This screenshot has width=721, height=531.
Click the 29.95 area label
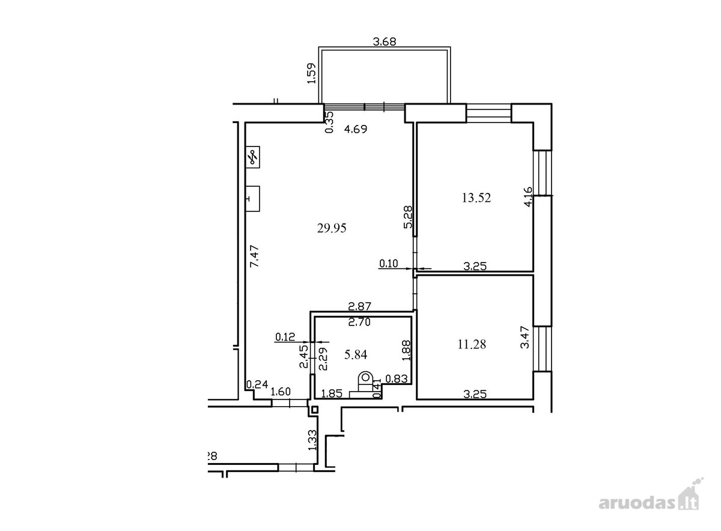click(332, 228)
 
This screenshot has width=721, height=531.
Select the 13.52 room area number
click(476, 198)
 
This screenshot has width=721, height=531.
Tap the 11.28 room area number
click(472, 344)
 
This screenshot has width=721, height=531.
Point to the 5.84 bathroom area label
click(356, 354)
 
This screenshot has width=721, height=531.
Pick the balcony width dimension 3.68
click(385, 42)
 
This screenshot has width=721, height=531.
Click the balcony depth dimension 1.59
click(312, 73)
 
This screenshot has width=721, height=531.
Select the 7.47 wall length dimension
click(254, 256)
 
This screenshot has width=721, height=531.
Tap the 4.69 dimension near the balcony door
click(355, 129)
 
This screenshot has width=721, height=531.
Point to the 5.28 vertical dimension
click(408, 217)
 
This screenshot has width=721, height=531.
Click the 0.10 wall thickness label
click(389, 264)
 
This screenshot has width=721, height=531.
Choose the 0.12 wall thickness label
click(285, 337)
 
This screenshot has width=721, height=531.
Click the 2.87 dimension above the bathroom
click(360, 306)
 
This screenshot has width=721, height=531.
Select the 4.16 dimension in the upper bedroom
click(528, 197)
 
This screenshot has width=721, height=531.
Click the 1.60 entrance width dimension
click(281, 392)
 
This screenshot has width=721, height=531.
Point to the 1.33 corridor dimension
click(312, 441)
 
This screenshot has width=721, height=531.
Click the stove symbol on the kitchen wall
click(253, 157)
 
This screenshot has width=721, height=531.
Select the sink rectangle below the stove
click(253, 199)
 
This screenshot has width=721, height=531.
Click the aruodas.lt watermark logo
click(648, 505)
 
